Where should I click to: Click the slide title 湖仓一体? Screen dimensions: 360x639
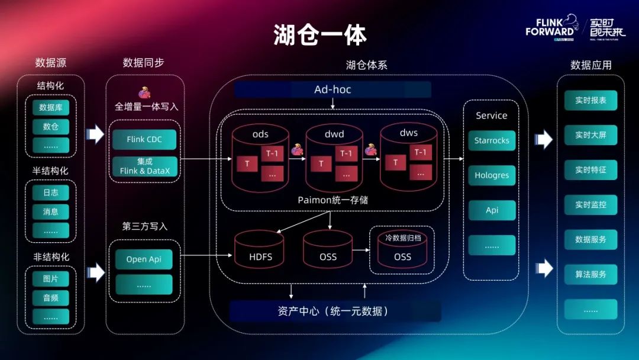320,36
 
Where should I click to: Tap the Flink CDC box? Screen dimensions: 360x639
144,140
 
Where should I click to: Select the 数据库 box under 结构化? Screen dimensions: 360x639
51,108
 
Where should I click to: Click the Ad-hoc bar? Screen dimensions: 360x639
333,89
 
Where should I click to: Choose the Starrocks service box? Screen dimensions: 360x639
492,141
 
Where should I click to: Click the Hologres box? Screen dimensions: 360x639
492,175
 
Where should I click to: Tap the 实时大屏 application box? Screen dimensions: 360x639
590,135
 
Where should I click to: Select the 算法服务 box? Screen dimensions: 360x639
590,275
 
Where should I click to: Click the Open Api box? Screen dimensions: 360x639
144,259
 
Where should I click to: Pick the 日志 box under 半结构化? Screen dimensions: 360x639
51,192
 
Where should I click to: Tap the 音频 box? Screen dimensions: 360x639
51,298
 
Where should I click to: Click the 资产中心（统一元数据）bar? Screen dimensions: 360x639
335,311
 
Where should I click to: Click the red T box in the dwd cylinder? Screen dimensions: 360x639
321,164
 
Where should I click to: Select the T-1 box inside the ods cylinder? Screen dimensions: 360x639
272,154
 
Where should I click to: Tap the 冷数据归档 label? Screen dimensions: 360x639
402,238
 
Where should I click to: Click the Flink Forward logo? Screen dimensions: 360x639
550,27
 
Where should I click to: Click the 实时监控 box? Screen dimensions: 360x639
590,205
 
